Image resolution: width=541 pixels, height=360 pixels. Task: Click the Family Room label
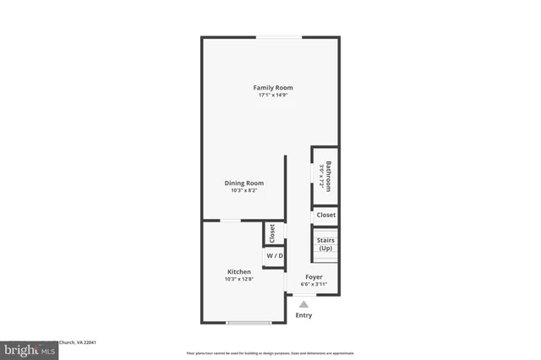(272, 88)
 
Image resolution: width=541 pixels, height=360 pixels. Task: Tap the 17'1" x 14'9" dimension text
(272, 95)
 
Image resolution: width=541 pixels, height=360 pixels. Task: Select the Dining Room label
(243, 183)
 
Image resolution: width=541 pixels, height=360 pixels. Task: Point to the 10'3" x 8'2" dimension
(243, 191)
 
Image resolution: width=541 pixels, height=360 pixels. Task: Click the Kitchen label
(238, 272)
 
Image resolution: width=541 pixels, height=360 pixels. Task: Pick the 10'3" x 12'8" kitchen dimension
(238, 280)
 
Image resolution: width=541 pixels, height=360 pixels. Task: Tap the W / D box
(275, 255)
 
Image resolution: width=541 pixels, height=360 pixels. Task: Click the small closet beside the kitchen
(272, 232)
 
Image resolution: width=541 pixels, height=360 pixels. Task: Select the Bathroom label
(329, 175)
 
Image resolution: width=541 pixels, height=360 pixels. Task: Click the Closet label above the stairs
(325, 215)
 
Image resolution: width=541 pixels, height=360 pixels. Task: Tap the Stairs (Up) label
(325, 244)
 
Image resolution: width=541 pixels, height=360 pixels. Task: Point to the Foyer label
(314, 277)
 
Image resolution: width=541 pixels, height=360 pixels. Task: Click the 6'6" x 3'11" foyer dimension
(314, 285)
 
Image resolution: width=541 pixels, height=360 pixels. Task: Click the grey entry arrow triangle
(303, 304)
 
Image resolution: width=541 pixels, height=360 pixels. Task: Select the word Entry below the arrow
(303, 315)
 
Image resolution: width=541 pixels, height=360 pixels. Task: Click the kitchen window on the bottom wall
(248, 322)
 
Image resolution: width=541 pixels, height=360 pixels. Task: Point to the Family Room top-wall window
(279, 36)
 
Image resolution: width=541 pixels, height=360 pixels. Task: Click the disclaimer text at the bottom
(270, 352)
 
